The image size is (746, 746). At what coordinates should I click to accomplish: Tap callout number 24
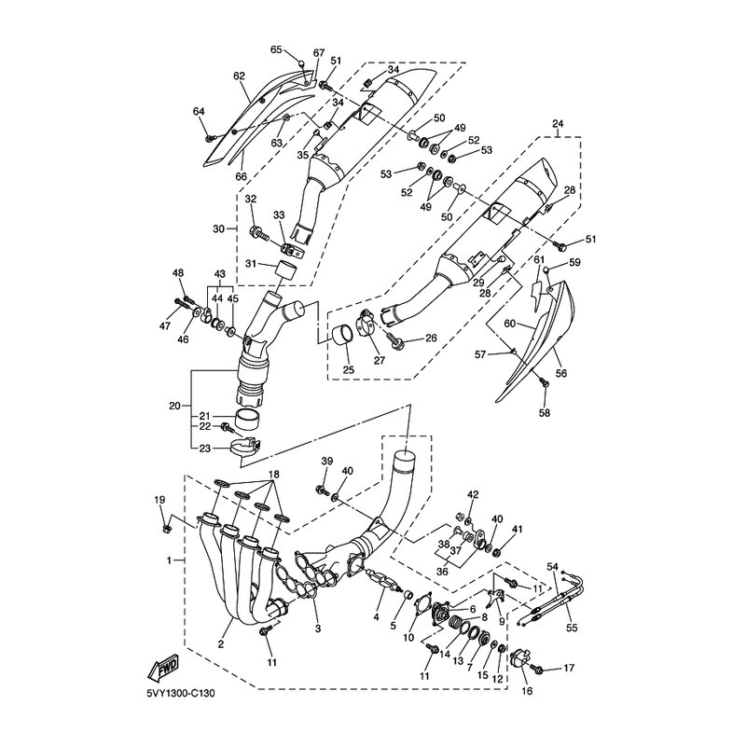[558, 124]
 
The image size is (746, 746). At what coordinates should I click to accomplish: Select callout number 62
[239, 76]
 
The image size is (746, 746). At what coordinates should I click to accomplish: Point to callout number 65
[276, 49]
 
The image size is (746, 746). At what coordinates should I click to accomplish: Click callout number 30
[218, 228]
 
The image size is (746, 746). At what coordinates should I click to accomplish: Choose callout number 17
[569, 668]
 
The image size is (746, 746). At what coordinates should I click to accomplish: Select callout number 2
[222, 644]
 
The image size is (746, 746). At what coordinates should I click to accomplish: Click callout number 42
[473, 494]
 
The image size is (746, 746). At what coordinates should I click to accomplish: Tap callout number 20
[173, 406]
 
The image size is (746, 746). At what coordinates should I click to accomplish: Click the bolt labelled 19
[166, 528]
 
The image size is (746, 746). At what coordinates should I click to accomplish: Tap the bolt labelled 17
[540, 668]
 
